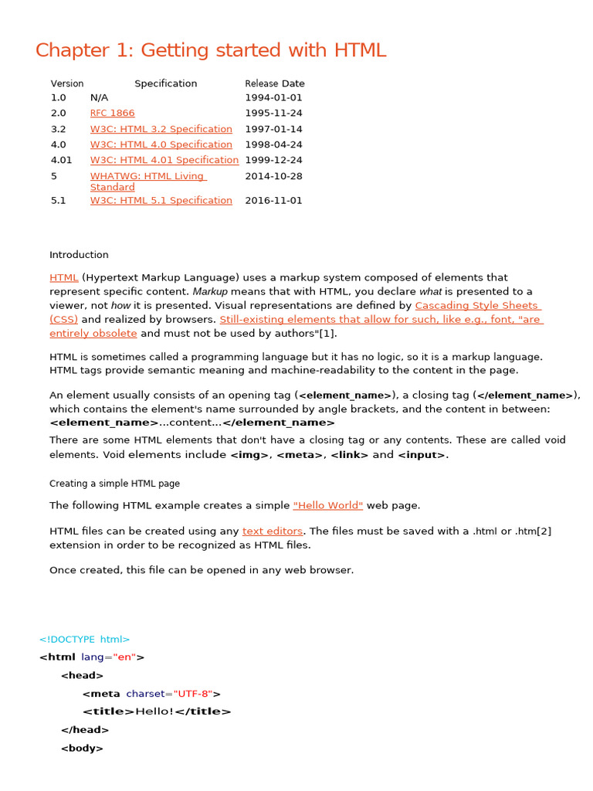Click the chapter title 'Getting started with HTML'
point(210,51)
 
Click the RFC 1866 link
point(112,114)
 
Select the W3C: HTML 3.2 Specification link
point(161,129)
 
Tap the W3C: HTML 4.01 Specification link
point(164,160)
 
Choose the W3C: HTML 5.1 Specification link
point(161,200)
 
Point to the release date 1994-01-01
point(273,98)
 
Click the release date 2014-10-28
point(273,176)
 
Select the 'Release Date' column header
point(274,83)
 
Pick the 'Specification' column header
point(165,83)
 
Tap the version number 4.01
point(61,160)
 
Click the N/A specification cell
point(99,98)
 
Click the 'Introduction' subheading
point(79,255)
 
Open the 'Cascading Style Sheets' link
point(476,305)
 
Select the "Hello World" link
point(327,505)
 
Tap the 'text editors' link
point(273,531)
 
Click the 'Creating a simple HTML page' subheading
point(114,484)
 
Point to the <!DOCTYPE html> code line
point(85,640)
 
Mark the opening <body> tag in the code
point(82,748)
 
